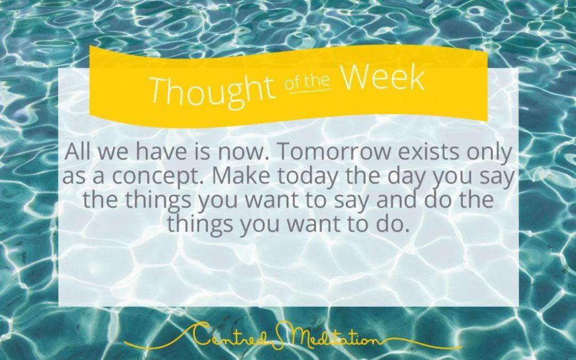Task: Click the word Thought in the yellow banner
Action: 213,89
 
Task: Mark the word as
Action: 74,178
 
